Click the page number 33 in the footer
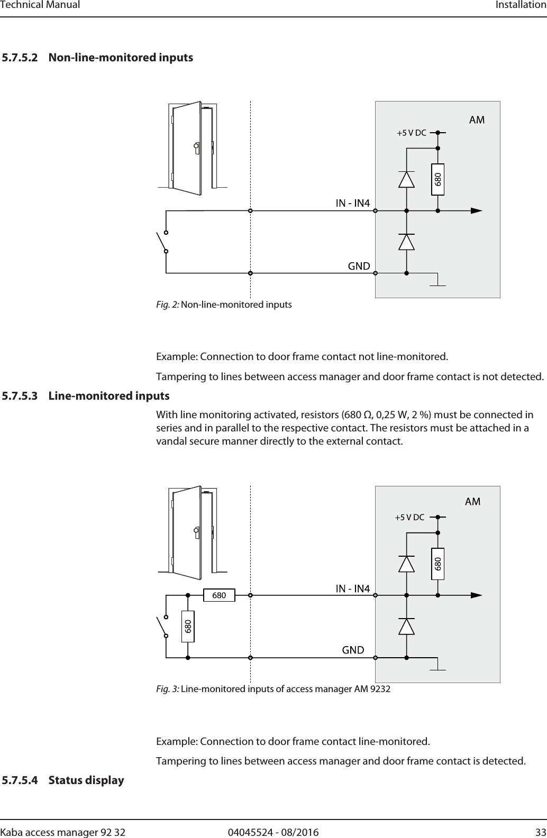click(540, 817)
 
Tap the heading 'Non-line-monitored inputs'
click(121, 58)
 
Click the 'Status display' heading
click(86, 780)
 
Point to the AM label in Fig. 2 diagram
click(477, 119)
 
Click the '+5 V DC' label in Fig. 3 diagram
click(409, 517)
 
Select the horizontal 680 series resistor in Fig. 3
click(219, 595)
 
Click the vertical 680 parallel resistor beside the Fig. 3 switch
click(188, 627)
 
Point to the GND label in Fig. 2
click(359, 266)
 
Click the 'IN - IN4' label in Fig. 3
click(353, 588)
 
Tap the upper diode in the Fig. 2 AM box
click(406, 180)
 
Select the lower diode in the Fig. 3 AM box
click(406, 626)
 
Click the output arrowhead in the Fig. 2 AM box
click(476, 210)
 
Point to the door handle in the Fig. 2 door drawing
click(196, 146)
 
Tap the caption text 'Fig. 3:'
click(168, 689)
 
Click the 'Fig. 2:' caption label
click(168, 305)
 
